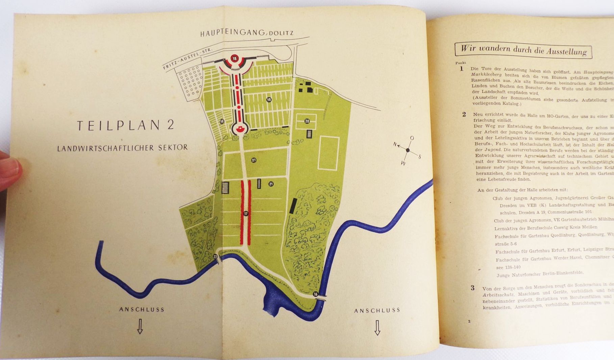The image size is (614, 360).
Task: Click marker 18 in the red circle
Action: (x=235, y=59)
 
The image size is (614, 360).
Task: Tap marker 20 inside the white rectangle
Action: (x=307, y=121)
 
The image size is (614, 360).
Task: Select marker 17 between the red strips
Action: (x=246, y=214)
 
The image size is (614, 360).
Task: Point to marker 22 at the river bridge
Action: (x=215, y=257)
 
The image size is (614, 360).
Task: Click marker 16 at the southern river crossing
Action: (x=316, y=294)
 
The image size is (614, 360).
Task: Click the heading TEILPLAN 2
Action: (x=125, y=125)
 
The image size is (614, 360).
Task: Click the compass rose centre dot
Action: (x=408, y=150)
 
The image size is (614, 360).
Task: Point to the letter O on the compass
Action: (x=412, y=138)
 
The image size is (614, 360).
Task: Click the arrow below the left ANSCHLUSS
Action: (x=140, y=327)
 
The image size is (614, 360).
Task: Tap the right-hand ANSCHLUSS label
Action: (x=377, y=310)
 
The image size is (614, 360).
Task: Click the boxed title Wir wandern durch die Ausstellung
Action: (x=523, y=50)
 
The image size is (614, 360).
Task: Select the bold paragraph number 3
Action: (x=472, y=288)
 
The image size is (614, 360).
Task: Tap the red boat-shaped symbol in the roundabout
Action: (x=239, y=128)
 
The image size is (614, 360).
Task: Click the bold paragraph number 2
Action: (x=464, y=114)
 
